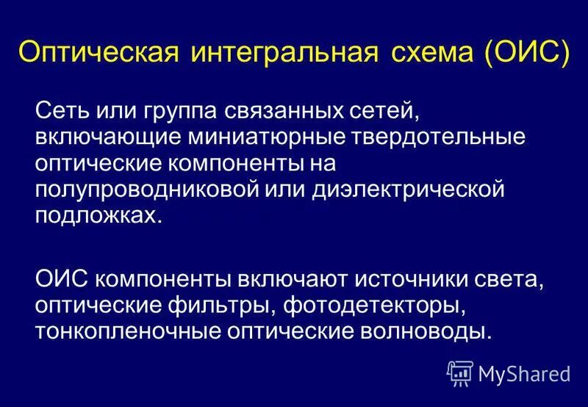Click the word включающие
(x=96, y=138)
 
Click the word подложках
(x=96, y=215)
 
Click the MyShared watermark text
(x=524, y=374)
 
